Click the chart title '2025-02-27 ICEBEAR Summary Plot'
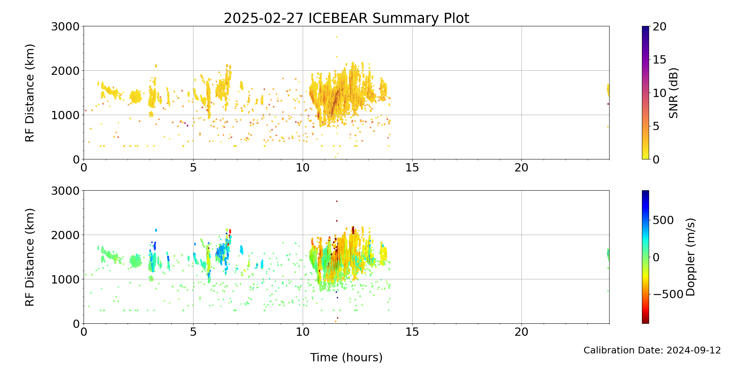pyautogui.click(x=346, y=18)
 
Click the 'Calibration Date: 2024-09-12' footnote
pyautogui.click(x=652, y=350)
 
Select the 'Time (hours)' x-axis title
pyautogui.click(x=346, y=357)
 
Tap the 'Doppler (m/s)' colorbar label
pyautogui.click(x=691, y=257)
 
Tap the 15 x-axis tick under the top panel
pyautogui.click(x=412, y=168)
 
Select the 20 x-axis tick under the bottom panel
pyautogui.click(x=521, y=332)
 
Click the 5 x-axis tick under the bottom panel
pyautogui.click(x=193, y=332)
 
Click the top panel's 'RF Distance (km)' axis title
pyautogui.click(x=30, y=93)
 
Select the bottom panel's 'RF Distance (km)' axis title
pyautogui.click(x=30, y=257)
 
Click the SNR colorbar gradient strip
pyautogui.click(x=645, y=93)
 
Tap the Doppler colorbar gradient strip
pyautogui.click(x=645, y=257)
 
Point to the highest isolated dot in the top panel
pyautogui.click(x=337, y=37)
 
